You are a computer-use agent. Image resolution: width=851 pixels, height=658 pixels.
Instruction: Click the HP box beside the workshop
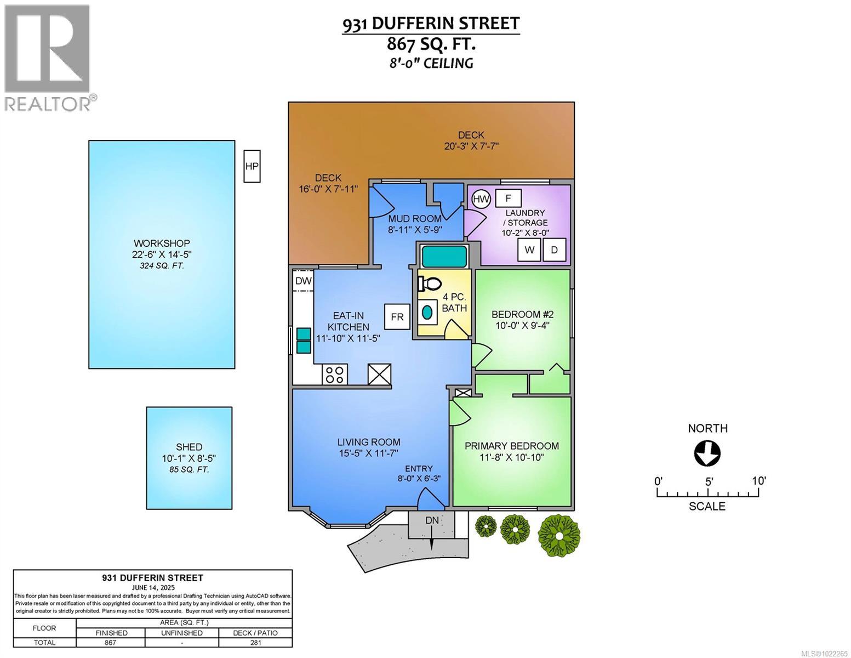tap(252, 166)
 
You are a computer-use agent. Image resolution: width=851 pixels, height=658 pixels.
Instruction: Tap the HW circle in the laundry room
tap(481, 198)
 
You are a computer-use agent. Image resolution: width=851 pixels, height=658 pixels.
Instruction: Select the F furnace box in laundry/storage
tap(508, 198)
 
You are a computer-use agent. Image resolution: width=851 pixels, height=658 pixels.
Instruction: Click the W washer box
tap(529, 250)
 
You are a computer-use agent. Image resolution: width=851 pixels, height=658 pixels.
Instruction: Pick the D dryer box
tap(554, 250)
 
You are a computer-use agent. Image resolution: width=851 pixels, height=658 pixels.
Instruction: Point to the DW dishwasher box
tap(303, 281)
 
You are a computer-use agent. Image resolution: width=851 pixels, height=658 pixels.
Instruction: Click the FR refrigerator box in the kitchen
tap(397, 317)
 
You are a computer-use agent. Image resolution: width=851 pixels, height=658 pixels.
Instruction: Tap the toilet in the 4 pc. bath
tap(431, 283)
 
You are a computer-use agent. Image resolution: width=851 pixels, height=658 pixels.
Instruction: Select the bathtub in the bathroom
tap(444, 256)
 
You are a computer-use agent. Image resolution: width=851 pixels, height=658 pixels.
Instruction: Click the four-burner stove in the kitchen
tap(334, 375)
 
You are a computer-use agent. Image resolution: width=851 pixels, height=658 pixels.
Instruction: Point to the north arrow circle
tap(707, 453)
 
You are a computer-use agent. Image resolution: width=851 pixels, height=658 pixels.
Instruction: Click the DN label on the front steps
tap(432, 519)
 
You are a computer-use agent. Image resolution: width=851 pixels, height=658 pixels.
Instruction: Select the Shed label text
tap(189, 447)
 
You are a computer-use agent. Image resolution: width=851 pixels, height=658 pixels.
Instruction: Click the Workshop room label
tap(162, 243)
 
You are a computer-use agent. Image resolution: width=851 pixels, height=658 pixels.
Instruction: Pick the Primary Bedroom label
tap(512, 446)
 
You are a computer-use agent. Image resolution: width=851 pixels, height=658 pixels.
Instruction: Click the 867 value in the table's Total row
tap(110, 643)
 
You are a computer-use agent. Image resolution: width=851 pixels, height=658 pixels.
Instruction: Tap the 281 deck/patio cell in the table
tap(255, 643)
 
